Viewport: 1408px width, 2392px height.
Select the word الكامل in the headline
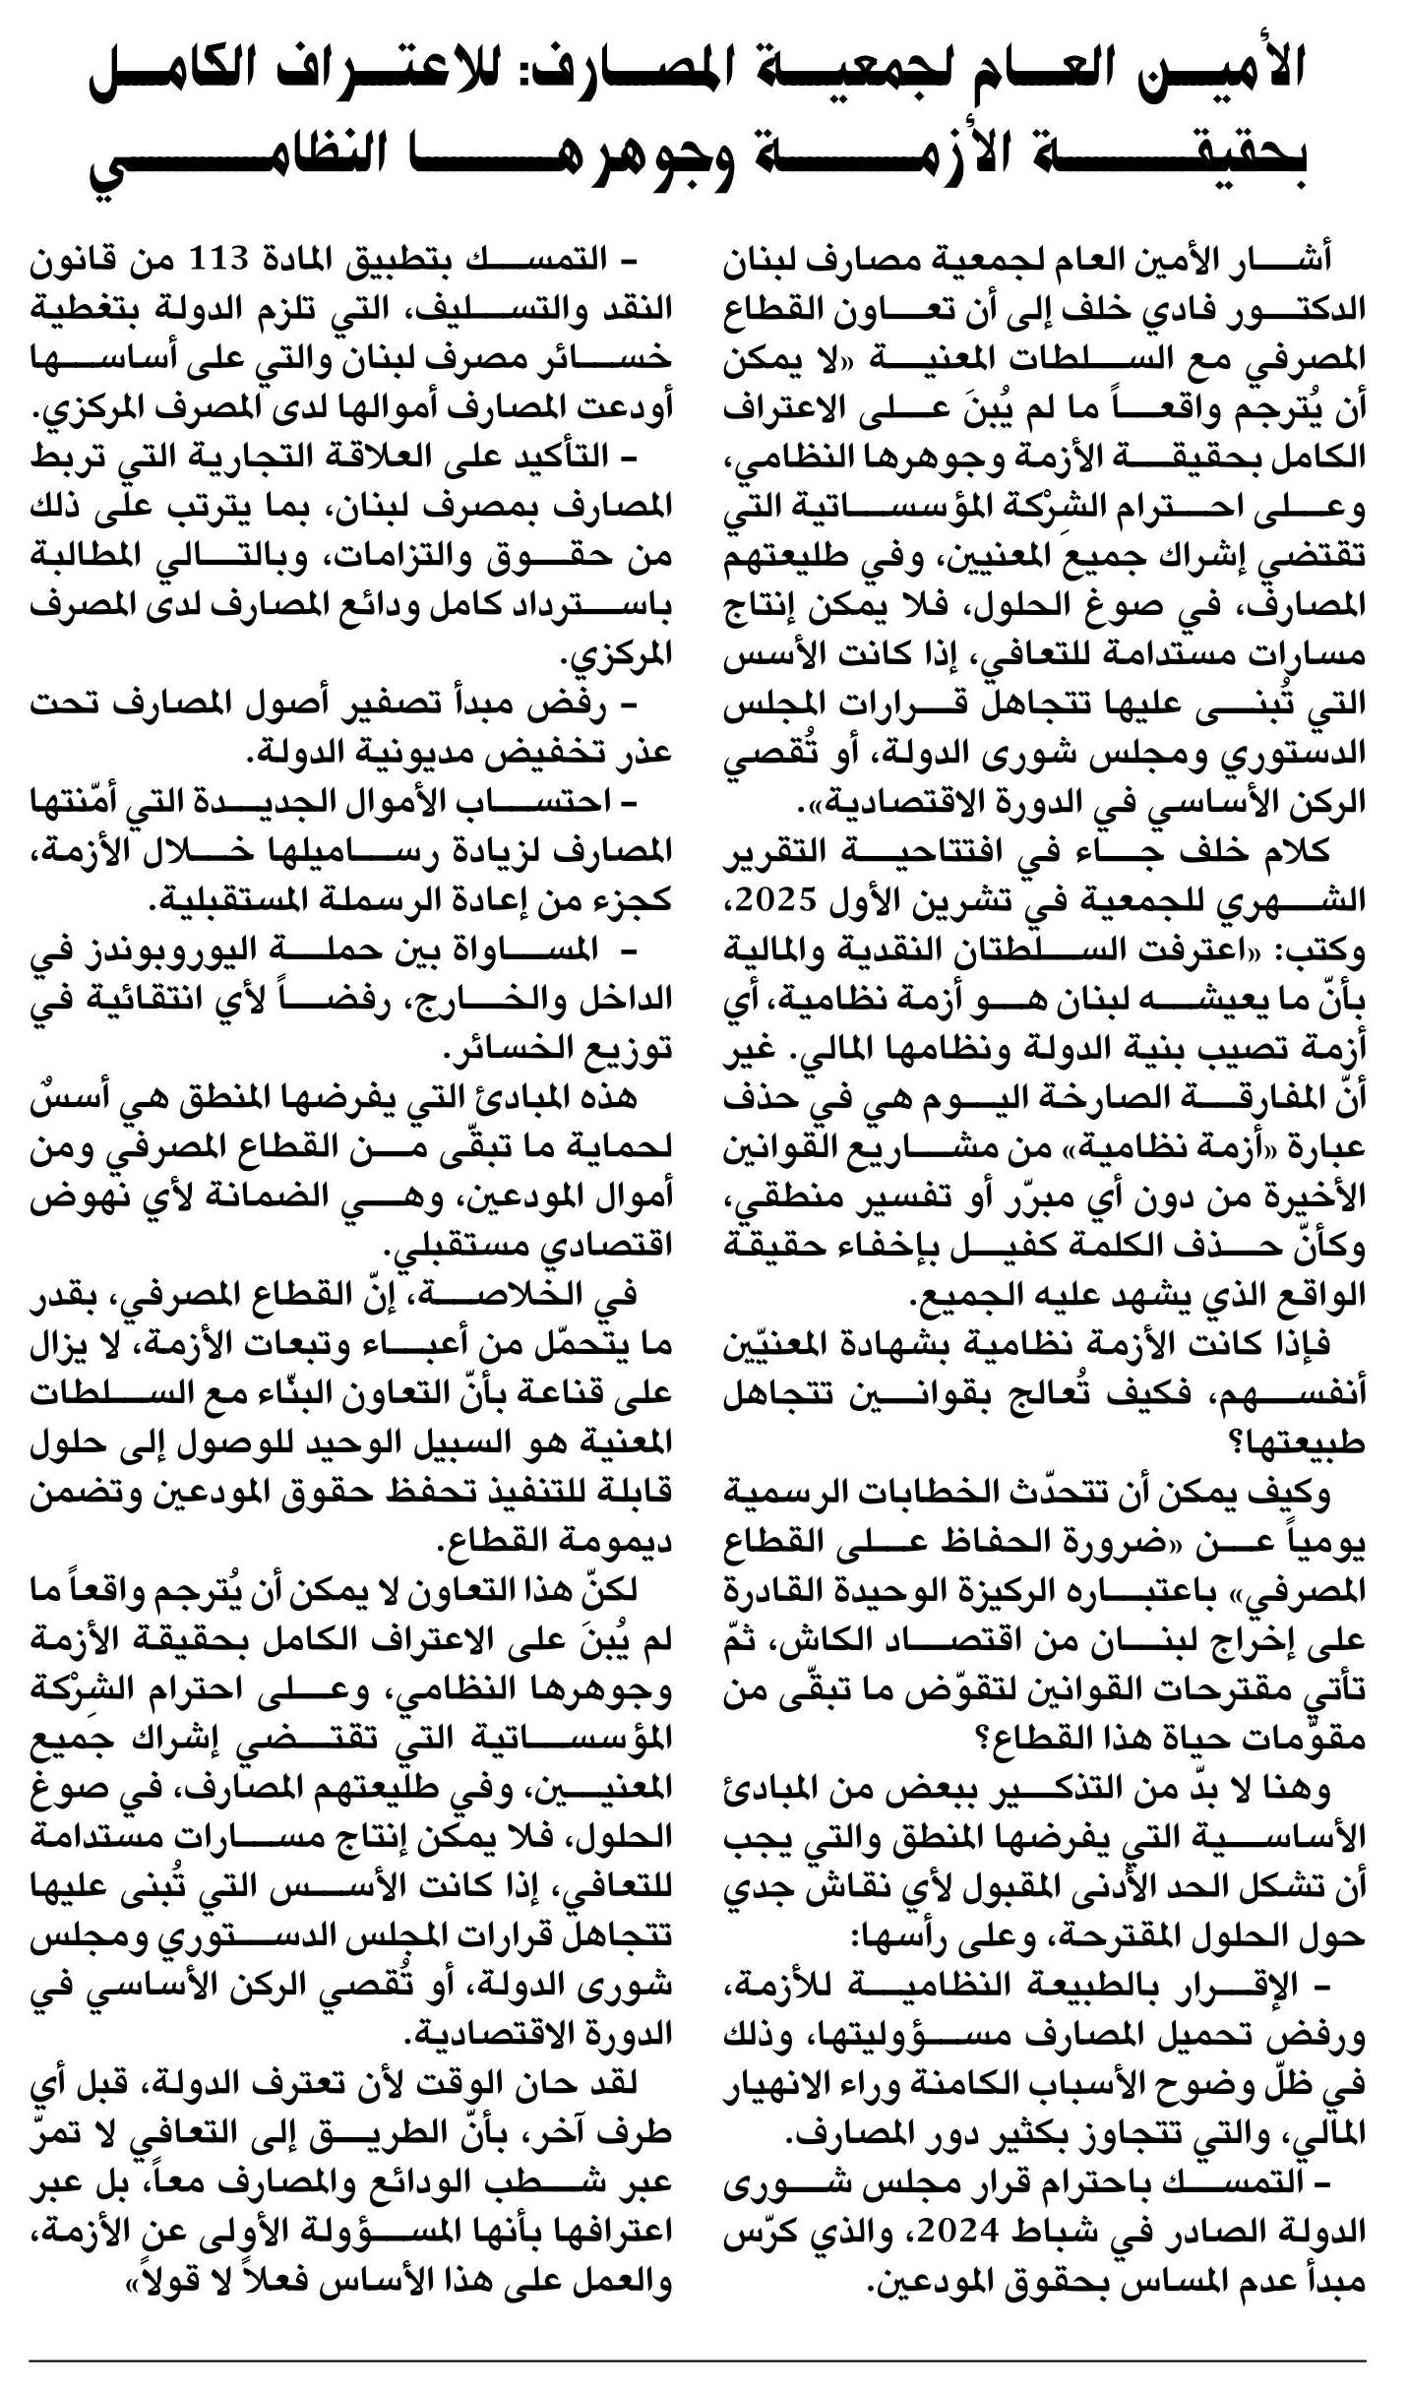click(177, 74)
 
